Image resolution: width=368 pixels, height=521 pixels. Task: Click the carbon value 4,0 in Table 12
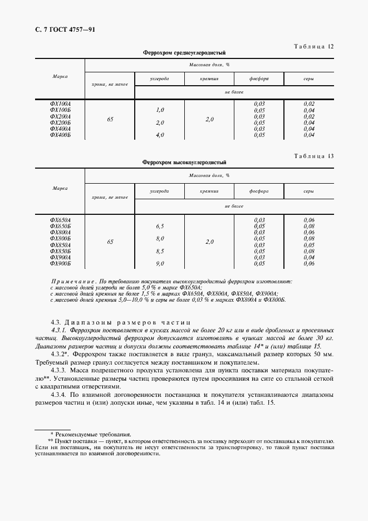[x=160, y=135]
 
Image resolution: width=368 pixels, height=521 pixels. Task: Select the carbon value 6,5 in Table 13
[x=160, y=227]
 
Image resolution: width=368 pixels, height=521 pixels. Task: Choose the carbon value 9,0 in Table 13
[x=160, y=263]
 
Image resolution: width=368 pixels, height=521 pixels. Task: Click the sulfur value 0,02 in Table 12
[x=310, y=104]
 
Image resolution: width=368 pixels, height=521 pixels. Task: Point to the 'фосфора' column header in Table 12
[x=259, y=79]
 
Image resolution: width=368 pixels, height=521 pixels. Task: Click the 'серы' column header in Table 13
[x=309, y=191]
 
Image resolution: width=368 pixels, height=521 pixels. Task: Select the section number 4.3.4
[x=59, y=395]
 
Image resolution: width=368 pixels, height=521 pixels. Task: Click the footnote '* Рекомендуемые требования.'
[x=91, y=433]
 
